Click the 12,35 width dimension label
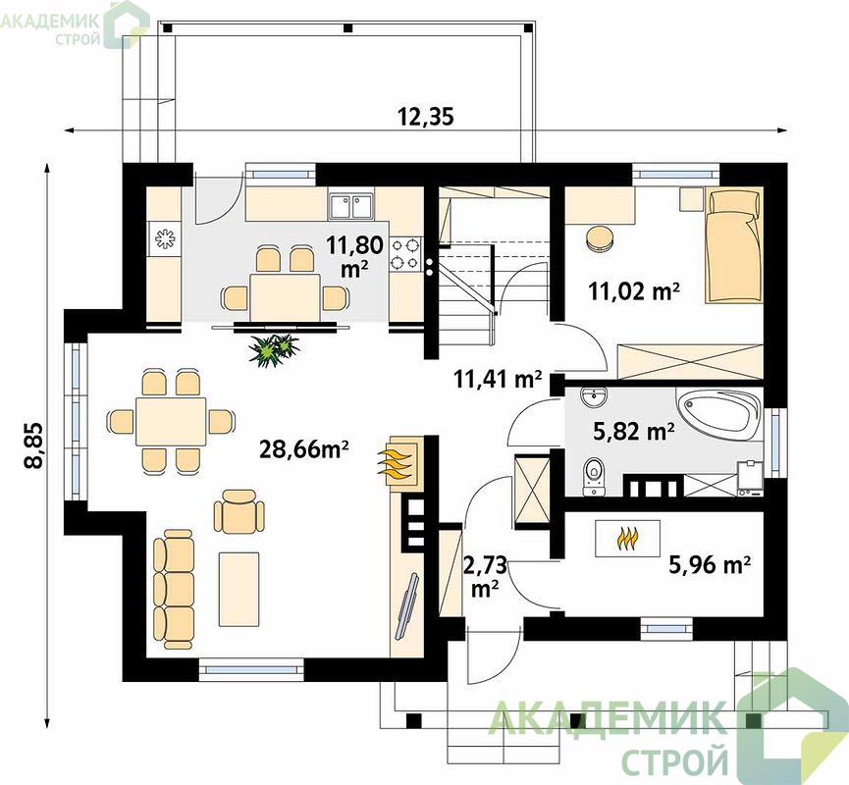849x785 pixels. [x=426, y=117]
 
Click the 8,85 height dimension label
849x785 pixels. [x=33, y=445]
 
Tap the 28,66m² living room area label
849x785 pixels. [x=303, y=448]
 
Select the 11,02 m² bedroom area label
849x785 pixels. [x=634, y=291]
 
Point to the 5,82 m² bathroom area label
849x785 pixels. [x=633, y=432]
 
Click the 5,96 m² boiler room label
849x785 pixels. [x=710, y=565]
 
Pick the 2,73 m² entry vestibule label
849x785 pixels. [x=485, y=577]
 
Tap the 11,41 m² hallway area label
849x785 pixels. [x=498, y=379]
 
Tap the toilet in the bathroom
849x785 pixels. [x=594, y=477]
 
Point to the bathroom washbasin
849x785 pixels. [x=594, y=397]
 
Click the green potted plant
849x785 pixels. [x=274, y=349]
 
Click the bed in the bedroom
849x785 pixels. [x=733, y=245]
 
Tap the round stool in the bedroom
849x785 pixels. [x=600, y=238]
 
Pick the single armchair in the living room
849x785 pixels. [x=239, y=511]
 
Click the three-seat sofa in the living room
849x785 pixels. [x=174, y=589]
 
